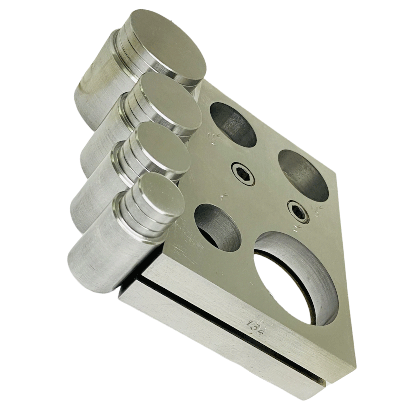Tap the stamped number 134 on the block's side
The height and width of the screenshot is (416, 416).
pyautogui.click(x=256, y=328)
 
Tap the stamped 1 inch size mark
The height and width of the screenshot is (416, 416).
pyautogui.click(x=222, y=196)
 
